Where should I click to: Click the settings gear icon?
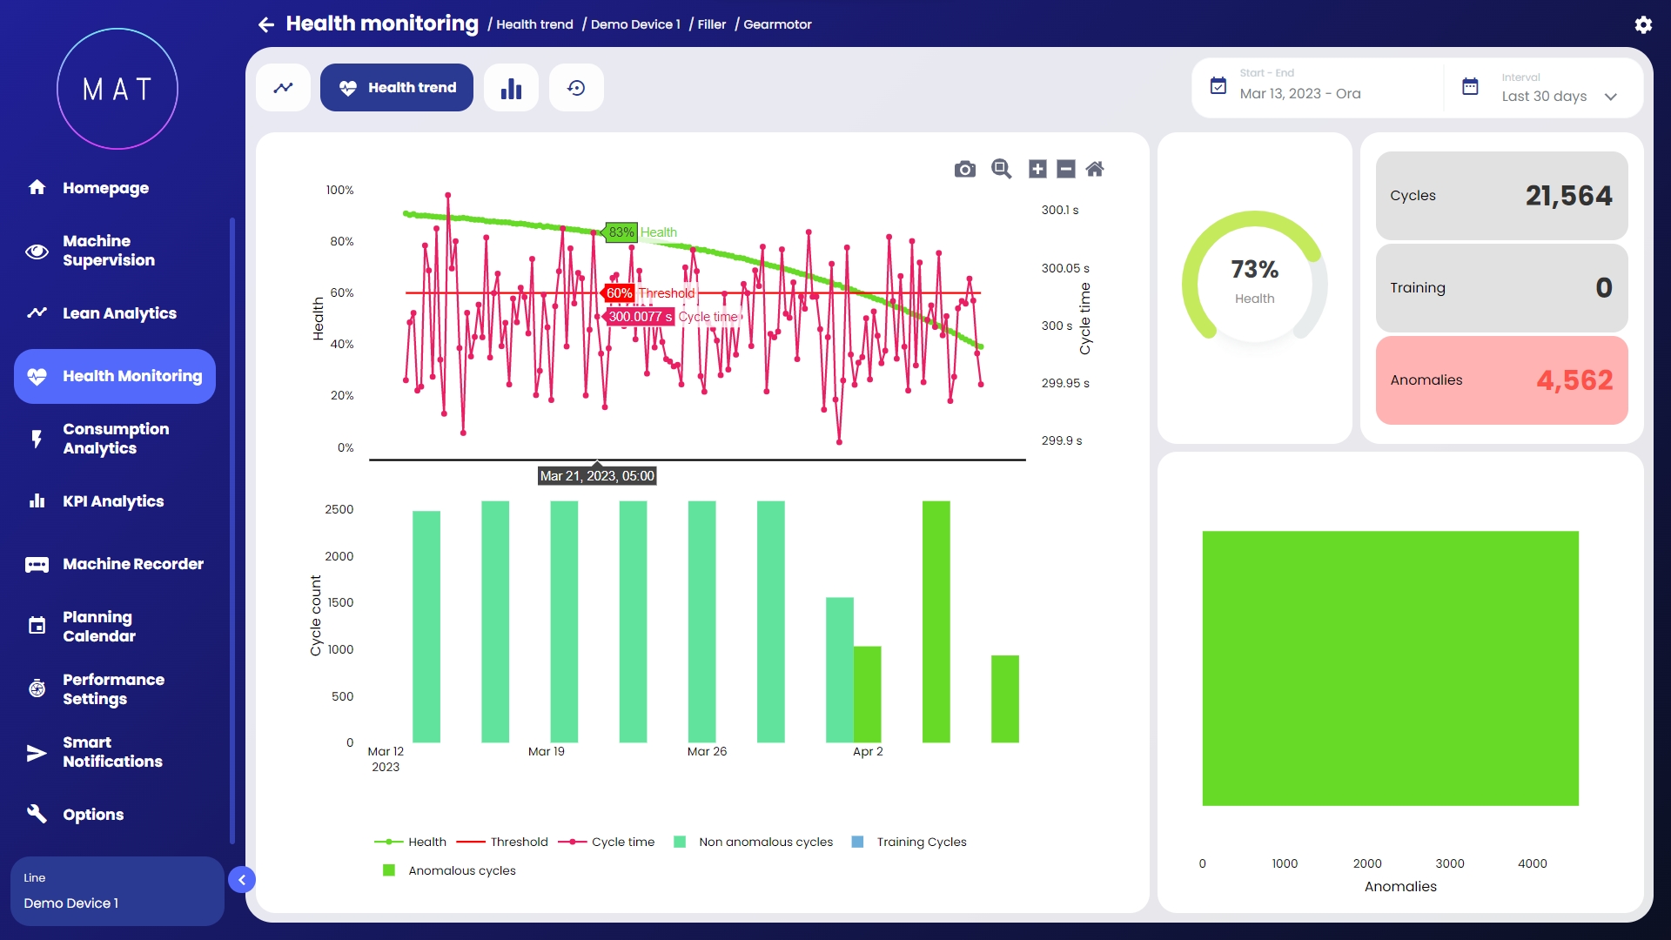point(1643,25)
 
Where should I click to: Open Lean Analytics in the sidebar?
point(119,313)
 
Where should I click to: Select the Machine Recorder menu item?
point(132,564)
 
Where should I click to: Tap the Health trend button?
point(397,88)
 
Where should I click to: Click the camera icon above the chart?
point(964,169)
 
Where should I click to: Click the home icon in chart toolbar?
point(1095,169)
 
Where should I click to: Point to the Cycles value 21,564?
point(1568,196)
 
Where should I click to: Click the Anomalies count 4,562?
point(1574,380)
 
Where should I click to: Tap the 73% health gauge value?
point(1254,270)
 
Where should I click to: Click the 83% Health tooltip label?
point(621,232)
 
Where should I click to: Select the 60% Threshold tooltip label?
point(619,293)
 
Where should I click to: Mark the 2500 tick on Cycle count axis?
point(339,509)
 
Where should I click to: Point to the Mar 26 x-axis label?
point(707,751)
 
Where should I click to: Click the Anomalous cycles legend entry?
point(461,870)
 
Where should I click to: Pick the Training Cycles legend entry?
point(921,842)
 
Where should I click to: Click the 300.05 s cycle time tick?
point(1065,268)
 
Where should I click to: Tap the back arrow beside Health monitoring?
point(266,24)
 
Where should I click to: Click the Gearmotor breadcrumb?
point(777,24)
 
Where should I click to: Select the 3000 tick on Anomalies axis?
point(1450,863)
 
